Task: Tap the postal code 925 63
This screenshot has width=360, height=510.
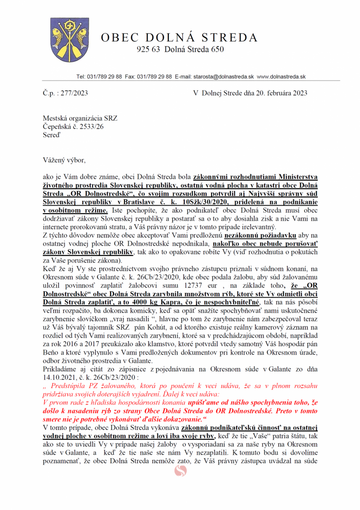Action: tap(148, 49)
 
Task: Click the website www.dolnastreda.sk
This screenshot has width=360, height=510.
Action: tap(281, 77)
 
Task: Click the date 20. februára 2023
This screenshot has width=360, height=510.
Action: tap(276, 93)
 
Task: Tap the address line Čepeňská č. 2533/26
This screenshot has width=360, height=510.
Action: tap(73, 127)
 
